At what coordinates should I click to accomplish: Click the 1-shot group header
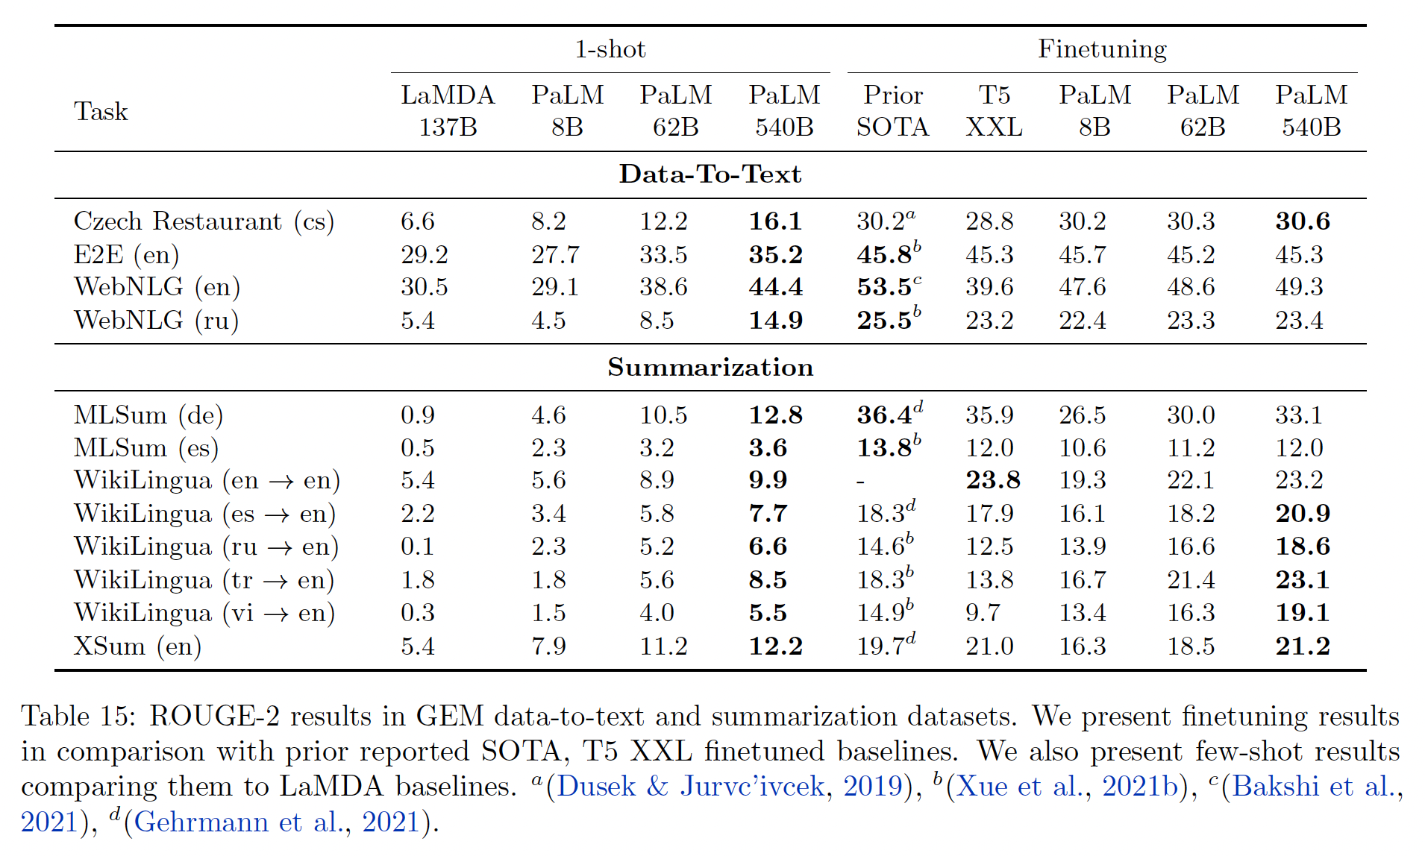pyautogui.click(x=610, y=49)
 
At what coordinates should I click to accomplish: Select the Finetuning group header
pyautogui.click(x=1102, y=49)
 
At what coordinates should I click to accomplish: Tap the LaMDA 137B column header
pyautogui.click(x=448, y=110)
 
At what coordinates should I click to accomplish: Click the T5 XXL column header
pyautogui.click(x=994, y=110)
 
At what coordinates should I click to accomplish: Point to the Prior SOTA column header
pyautogui.click(x=892, y=110)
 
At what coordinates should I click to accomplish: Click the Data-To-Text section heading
pyautogui.click(x=710, y=174)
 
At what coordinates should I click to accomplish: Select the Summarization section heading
pyautogui.click(x=710, y=367)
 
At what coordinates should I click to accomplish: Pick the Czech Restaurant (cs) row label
pyautogui.click(x=204, y=221)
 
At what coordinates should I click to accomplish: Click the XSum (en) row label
pyautogui.click(x=137, y=646)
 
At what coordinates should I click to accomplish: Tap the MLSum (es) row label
pyautogui.click(x=146, y=447)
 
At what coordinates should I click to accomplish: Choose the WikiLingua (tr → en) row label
pyautogui.click(x=204, y=579)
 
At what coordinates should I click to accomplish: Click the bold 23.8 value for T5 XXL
pyautogui.click(x=993, y=480)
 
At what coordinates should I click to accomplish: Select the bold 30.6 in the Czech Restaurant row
pyautogui.click(x=1303, y=221)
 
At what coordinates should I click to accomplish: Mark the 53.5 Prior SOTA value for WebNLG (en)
pyautogui.click(x=884, y=287)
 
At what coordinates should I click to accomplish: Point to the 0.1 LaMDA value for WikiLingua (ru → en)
pyautogui.click(x=417, y=547)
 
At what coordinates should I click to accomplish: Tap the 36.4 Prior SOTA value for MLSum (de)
pyautogui.click(x=884, y=415)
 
